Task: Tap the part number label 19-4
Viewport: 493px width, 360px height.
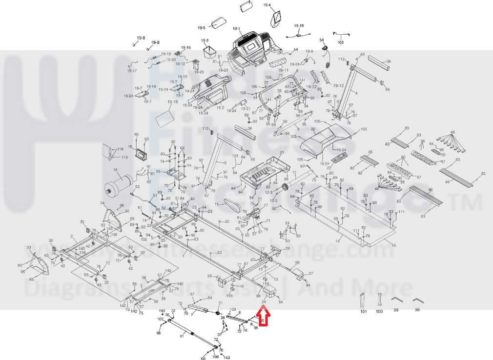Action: [267, 5]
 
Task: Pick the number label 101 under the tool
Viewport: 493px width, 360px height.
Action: [364, 311]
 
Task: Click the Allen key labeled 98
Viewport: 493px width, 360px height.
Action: [417, 299]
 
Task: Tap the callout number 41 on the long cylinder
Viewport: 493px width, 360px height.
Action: [181, 336]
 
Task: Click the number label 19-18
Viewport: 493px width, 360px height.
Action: [298, 25]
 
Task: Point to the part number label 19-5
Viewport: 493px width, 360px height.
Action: [202, 27]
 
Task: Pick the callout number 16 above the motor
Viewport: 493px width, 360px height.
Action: [116, 170]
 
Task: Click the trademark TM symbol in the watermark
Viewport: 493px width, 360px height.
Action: [468, 201]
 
